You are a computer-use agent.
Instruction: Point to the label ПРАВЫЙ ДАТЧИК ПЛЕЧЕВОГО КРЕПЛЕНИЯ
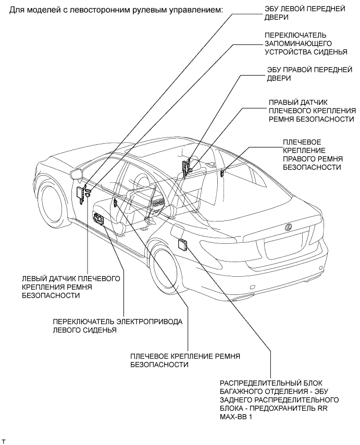(x=312, y=110)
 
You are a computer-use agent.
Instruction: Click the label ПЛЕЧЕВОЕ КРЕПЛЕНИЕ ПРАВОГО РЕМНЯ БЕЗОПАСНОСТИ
(x=312, y=154)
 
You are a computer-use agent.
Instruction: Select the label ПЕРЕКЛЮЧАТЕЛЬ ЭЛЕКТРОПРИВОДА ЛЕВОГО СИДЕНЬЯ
(x=118, y=326)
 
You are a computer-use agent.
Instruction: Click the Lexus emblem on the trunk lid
(x=287, y=227)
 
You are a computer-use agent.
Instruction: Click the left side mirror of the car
(x=76, y=173)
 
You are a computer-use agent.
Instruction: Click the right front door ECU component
(x=185, y=166)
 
